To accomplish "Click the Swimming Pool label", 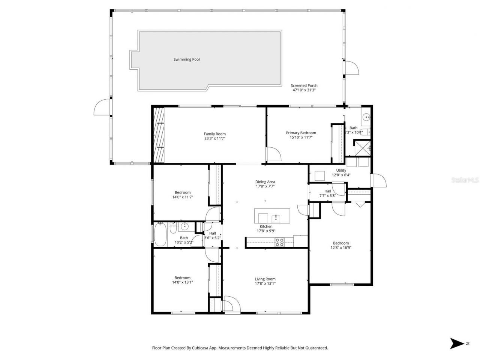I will (186, 59).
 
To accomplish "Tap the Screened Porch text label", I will (304, 85).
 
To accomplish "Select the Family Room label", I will (214, 134).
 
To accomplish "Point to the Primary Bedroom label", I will (301, 133).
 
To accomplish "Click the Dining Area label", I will (265, 182).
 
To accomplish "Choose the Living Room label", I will (265, 279).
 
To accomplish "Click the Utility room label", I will (341, 170).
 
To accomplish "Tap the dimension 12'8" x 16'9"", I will (340, 247).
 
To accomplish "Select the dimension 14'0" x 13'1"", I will (182, 282).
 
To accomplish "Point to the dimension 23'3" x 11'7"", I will (214, 138).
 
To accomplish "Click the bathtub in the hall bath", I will (160, 235).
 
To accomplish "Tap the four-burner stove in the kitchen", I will (279, 242).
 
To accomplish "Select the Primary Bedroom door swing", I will (273, 154).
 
